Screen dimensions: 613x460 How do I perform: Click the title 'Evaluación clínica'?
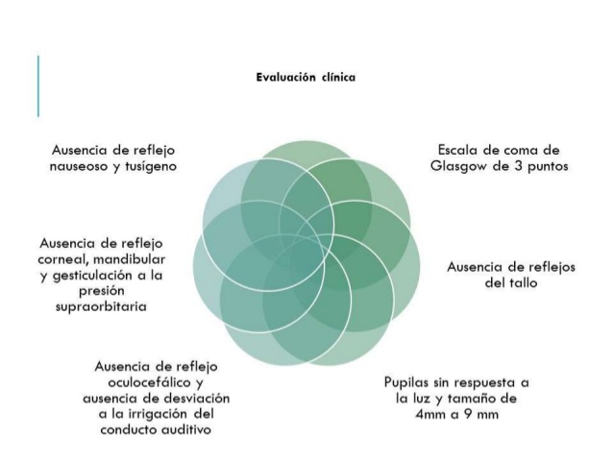(x=306, y=77)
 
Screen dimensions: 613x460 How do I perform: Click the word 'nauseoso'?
(x=78, y=167)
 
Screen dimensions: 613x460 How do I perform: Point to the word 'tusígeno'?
(x=151, y=166)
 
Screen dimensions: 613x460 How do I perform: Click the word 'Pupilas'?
(x=405, y=382)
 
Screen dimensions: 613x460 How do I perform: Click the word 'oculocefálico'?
(x=151, y=382)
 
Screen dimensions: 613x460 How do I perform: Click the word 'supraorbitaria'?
(x=101, y=306)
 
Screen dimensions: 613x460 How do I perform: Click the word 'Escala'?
(x=455, y=150)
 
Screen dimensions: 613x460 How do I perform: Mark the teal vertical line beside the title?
(x=38, y=86)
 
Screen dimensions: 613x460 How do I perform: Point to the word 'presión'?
(x=102, y=291)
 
